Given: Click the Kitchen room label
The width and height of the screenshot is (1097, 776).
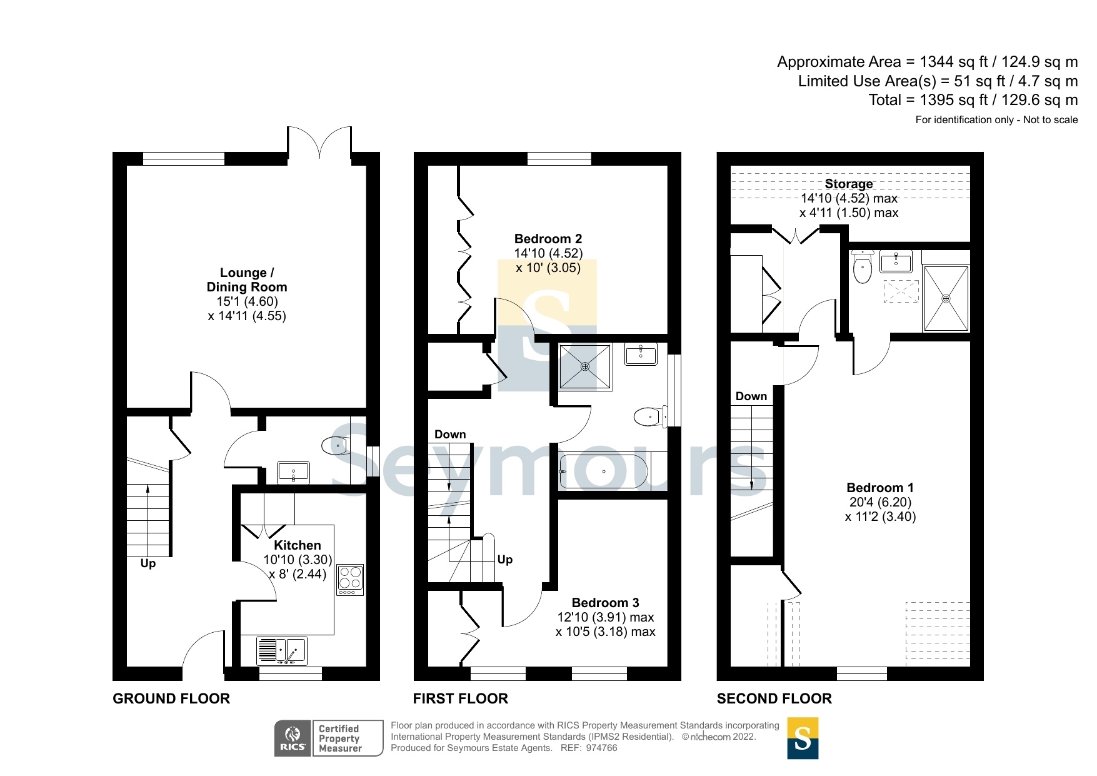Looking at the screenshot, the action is click(x=297, y=545).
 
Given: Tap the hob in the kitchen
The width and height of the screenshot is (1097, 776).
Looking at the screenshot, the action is click(x=350, y=580).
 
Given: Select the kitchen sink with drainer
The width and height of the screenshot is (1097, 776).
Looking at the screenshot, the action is click(x=281, y=650).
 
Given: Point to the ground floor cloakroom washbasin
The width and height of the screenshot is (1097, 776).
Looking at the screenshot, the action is click(x=293, y=471).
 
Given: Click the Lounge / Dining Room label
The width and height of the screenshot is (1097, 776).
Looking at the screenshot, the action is click(x=247, y=280).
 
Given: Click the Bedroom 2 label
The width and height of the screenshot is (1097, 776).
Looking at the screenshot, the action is click(x=548, y=239).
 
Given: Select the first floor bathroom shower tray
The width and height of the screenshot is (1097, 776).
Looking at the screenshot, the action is click(x=585, y=366).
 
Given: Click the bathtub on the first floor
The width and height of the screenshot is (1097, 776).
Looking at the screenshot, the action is click(x=604, y=471).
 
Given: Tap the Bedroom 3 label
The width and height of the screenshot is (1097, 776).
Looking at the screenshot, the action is click(x=605, y=603).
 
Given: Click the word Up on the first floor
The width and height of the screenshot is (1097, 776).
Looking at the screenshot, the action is click(x=505, y=560).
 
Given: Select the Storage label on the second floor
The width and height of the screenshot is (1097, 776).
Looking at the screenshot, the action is click(x=848, y=184).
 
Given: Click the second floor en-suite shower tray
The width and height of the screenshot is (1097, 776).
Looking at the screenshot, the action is click(x=946, y=298).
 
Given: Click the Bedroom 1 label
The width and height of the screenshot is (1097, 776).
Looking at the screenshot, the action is click(x=879, y=488).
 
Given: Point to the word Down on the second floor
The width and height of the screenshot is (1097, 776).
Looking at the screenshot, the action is click(x=751, y=396).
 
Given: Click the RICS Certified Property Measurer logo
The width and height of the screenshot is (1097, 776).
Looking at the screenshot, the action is click(x=329, y=738).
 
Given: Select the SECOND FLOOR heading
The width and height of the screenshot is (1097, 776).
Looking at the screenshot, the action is click(x=774, y=698).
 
